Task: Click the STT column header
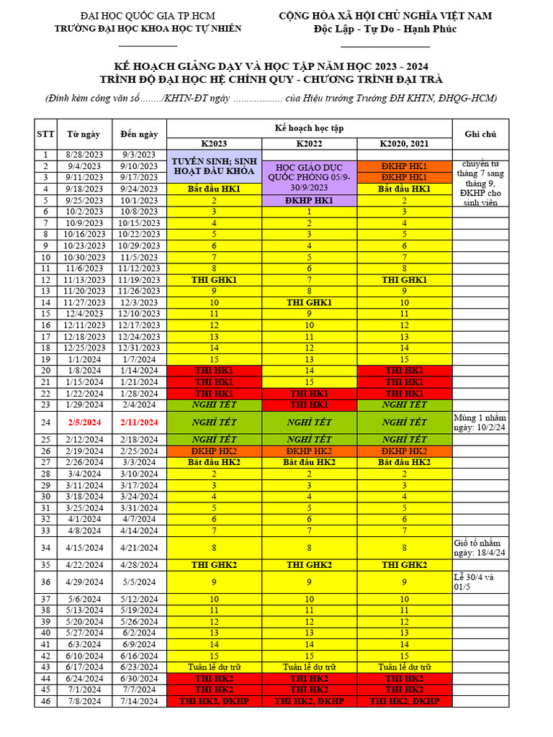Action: coord(45,134)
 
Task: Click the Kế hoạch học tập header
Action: coord(309,127)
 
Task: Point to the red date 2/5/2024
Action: coord(84,422)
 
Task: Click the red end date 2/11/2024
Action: coord(138,422)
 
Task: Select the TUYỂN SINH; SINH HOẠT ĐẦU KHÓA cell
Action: coord(214,166)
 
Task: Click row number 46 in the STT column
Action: coord(45,701)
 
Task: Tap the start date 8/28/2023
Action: coord(84,155)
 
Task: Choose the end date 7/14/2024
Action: coord(138,701)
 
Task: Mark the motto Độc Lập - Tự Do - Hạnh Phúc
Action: coord(385,29)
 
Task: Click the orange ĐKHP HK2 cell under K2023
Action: coord(214,451)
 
